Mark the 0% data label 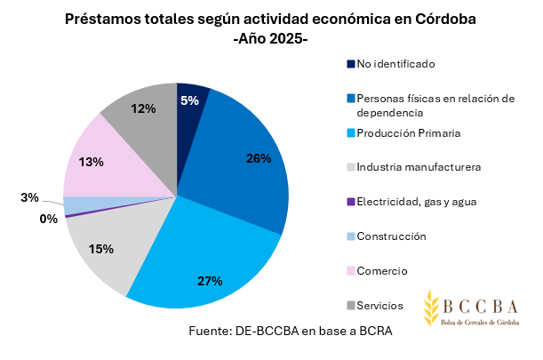pos(48,218)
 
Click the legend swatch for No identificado pos(351,64)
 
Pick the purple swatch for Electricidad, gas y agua pos(351,202)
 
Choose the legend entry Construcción pos(391,236)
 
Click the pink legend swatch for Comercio pos(351,270)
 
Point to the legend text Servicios pos(379,305)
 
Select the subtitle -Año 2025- pos(270,39)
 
